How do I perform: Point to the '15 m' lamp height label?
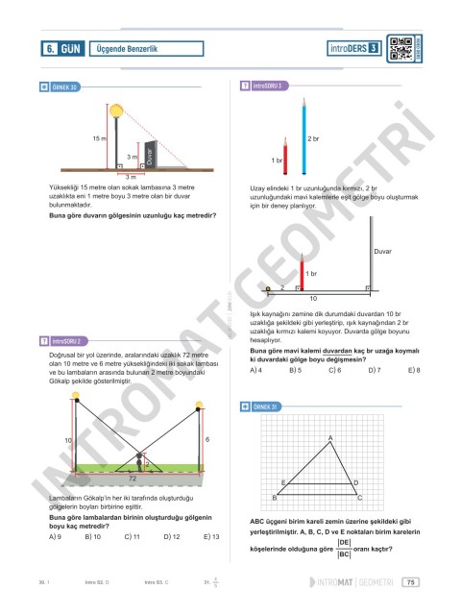[99, 139]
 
